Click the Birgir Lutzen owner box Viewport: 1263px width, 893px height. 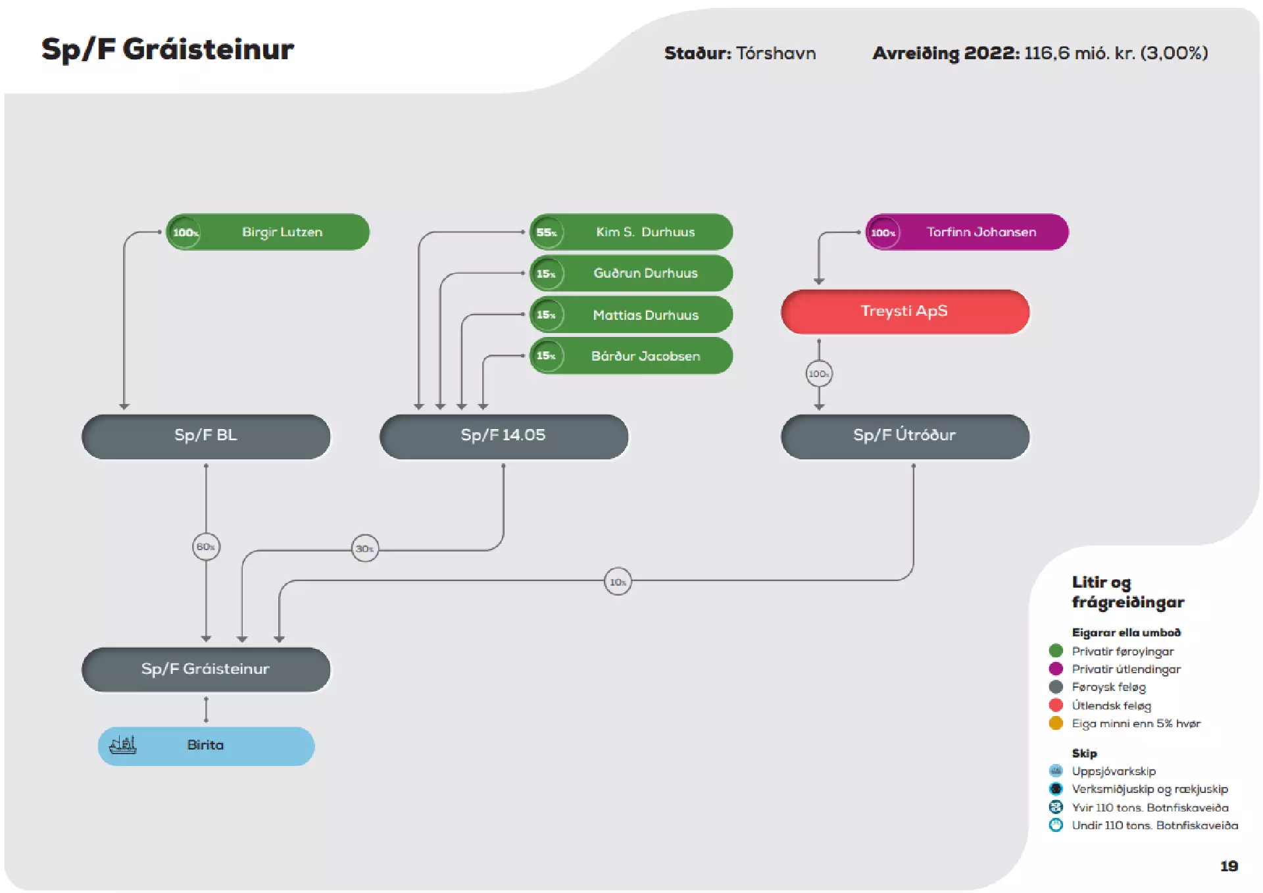(x=268, y=232)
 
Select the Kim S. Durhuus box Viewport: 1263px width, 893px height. (x=631, y=232)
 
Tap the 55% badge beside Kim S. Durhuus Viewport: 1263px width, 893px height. (x=547, y=232)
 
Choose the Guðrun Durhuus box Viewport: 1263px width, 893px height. (x=631, y=273)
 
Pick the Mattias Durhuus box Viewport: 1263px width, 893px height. (x=631, y=315)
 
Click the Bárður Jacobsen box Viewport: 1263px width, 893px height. (x=631, y=355)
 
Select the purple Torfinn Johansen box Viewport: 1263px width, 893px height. (x=967, y=232)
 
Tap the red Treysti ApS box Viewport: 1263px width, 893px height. (x=905, y=311)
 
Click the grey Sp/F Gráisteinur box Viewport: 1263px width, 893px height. (x=206, y=669)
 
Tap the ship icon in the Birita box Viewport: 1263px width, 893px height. (x=123, y=745)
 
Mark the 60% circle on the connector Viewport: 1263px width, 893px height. (x=206, y=547)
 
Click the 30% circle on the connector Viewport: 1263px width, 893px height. (x=365, y=548)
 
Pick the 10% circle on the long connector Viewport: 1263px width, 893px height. (x=618, y=582)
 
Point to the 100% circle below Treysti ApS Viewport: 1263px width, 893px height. (x=819, y=374)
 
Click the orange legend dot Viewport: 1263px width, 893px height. (x=1056, y=723)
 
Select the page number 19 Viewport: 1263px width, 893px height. (x=1229, y=866)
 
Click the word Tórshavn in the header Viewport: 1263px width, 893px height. (x=776, y=53)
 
